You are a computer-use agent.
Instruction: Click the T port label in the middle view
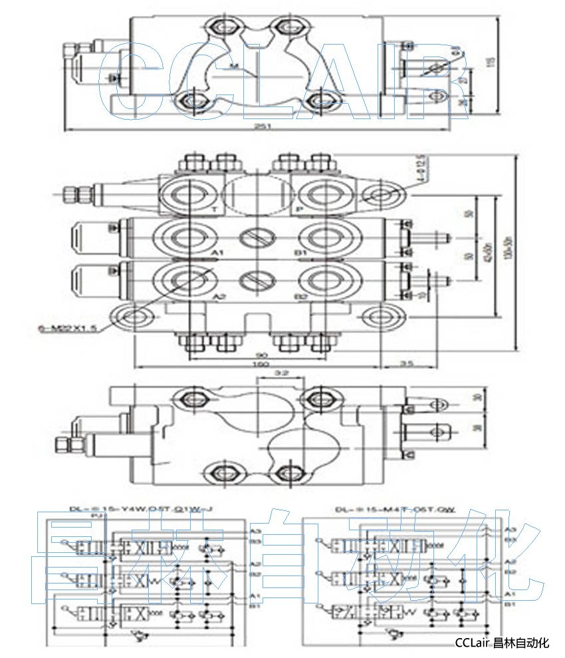point(214,209)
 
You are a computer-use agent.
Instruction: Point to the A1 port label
point(217,253)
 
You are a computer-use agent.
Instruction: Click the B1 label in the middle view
point(300,253)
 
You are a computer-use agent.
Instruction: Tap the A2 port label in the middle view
point(217,297)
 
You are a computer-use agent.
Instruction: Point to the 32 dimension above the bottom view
point(281,373)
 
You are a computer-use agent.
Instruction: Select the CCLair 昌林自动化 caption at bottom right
point(502,643)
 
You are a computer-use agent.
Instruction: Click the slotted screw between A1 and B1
point(257,236)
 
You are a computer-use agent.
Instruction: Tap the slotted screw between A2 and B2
point(257,279)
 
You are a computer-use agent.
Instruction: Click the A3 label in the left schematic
point(255,531)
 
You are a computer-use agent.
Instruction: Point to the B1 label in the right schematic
point(510,603)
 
